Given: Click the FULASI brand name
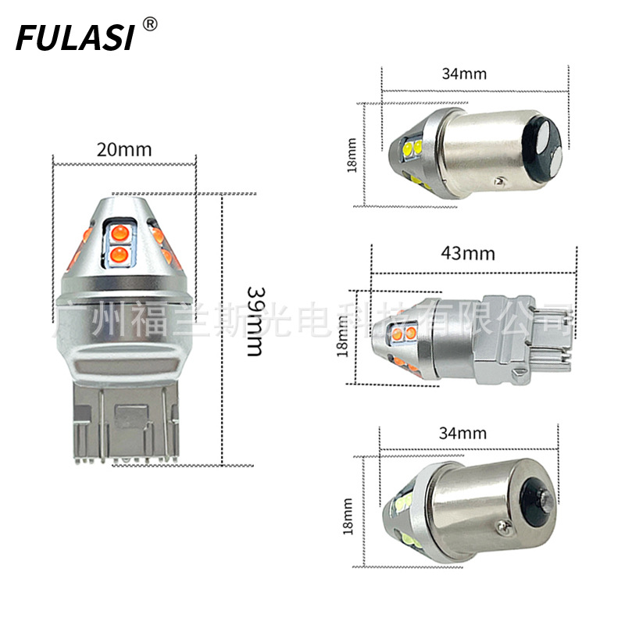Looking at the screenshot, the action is point(74,37).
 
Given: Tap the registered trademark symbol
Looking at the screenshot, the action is point(149,24).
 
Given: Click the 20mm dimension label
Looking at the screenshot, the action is point(124,150).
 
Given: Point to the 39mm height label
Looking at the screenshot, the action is point(255,320).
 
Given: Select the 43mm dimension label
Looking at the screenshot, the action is point(468,253).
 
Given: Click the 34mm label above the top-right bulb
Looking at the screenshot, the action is point(464,73).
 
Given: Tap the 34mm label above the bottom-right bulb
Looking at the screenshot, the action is point(462,433).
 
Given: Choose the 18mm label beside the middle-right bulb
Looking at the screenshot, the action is point(342,336).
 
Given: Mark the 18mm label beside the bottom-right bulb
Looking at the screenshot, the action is point(348,516).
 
